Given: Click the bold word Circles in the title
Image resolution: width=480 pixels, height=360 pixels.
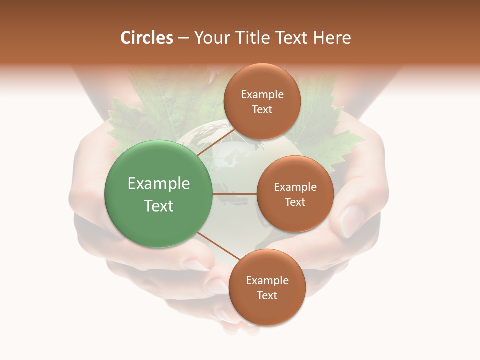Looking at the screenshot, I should click(x=147, y=38).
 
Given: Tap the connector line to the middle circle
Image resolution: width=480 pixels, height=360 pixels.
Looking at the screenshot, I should click(x=234, y=194).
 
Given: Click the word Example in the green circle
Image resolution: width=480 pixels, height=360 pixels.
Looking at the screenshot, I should click(x=159, y=184).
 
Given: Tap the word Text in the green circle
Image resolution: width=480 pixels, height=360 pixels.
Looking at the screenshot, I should click(x=159, y=206).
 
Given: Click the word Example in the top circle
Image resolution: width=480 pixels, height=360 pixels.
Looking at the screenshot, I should click(x=262, y=94).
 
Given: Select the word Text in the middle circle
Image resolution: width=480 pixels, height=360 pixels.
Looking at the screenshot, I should click(x=295, y=202).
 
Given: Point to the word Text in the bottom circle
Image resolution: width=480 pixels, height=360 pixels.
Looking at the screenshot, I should click(x=267, y=295).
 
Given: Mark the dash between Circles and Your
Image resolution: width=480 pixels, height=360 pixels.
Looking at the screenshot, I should click(x=183, y=38).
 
